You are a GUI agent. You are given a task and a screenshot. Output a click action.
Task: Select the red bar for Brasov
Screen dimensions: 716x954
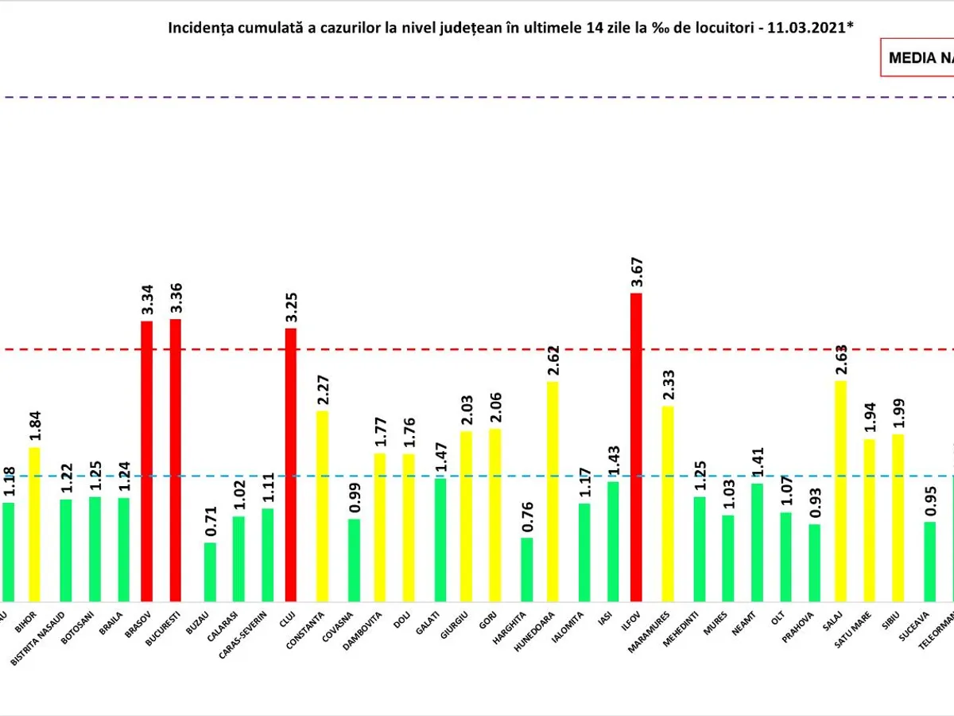pyautogui.click(x=146, y=461)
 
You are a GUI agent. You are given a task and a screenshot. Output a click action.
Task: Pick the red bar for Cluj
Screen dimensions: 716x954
pyautogui.click(x=291, y=465)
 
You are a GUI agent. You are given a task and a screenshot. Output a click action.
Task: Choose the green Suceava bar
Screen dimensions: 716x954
pyautogui.click(x=929, y=561)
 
